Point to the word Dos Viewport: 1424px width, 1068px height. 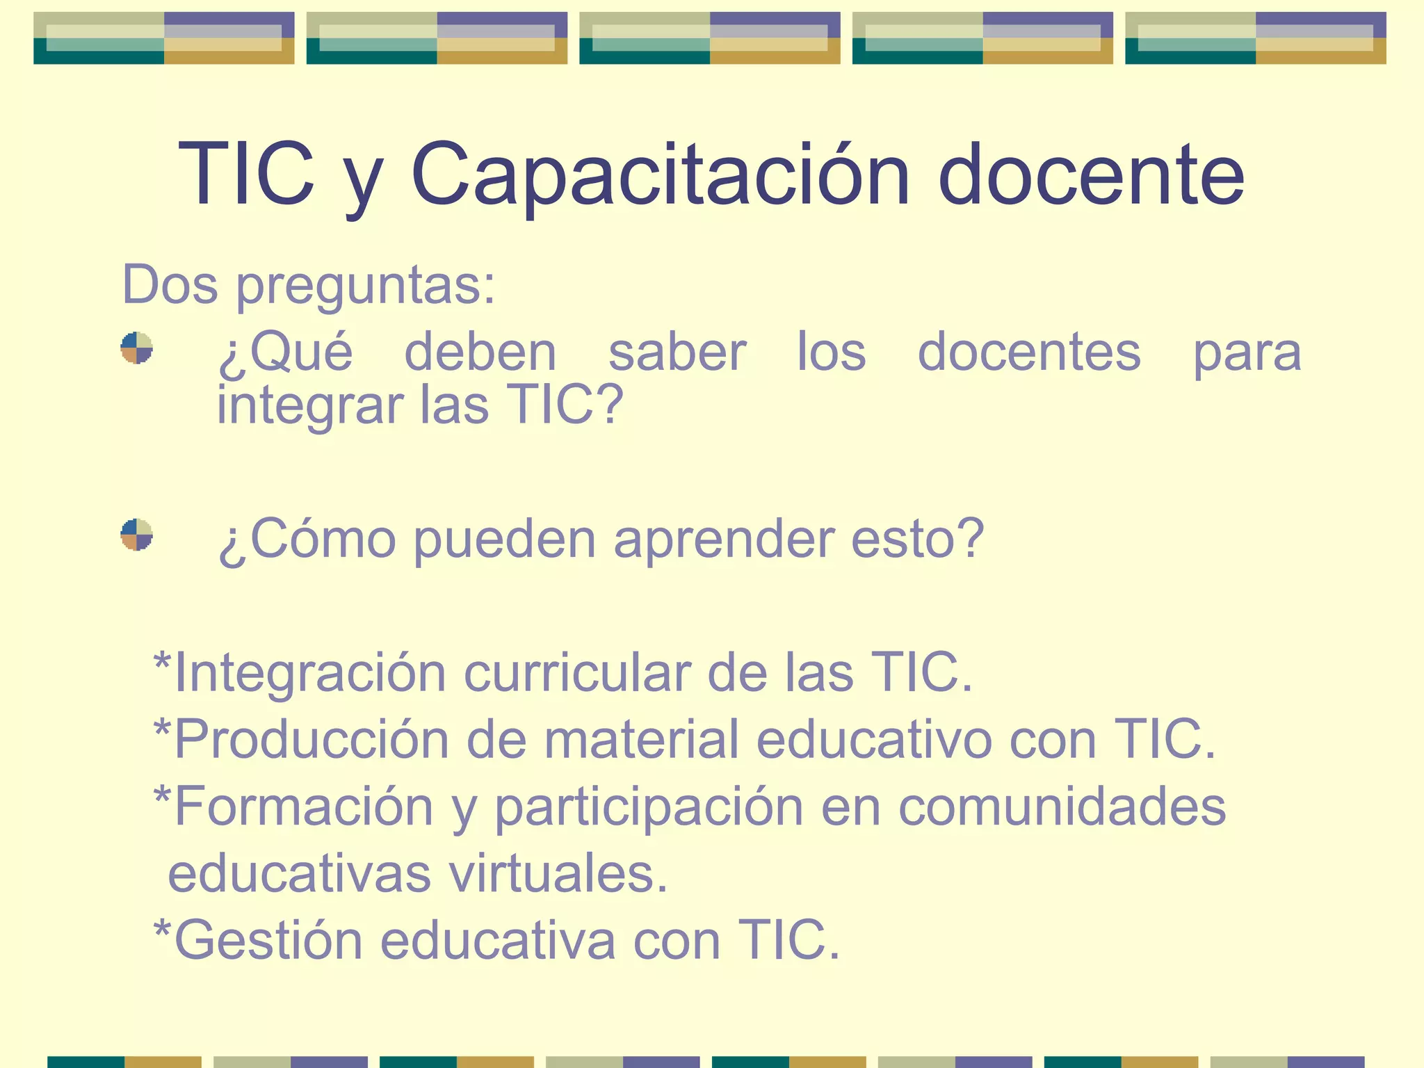(170, 285)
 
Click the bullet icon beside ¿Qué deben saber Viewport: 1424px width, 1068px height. (136, 348)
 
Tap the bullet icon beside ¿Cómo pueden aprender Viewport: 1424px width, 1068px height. (136, 535)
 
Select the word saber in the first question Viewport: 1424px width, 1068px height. (677, 352)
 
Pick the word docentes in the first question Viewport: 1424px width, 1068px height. (1029, 352)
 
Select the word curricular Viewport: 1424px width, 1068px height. (576, 673)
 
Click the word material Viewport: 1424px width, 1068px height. (641, 739)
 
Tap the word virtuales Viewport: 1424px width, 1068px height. (558, 874)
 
